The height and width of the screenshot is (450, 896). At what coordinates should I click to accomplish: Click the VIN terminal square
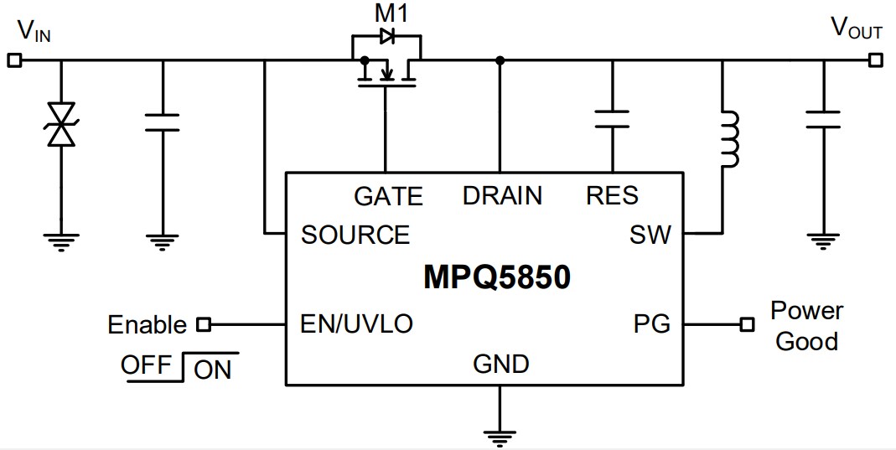pyautogui.click(x=13, y=60)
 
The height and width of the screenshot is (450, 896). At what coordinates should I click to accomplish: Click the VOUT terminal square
pyautogui.click(x=875, y=60)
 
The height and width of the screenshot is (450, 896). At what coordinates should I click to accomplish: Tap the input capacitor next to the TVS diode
pyautogui.click(x=163, y=122)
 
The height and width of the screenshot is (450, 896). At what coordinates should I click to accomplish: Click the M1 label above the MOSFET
pyautogui.click(x=385, y=13)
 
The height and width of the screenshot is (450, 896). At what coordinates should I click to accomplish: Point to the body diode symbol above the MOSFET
pyautogui.click(x=386, y=36)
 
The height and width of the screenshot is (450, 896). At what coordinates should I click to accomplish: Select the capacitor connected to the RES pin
pyautogui.click(x=612, y=120)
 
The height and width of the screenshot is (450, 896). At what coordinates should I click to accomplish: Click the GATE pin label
pyautogui.click(x=388, y=196)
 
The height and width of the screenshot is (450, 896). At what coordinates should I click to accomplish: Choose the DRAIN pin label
pyautogui.click(x=502, y=196)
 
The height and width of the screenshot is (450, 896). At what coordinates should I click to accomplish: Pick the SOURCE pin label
pyautogui.click(x=355, y=235)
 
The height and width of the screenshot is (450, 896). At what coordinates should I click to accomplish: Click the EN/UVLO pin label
pyautogui.click(x=356, y=324)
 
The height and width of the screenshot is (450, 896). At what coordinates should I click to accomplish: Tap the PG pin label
pyautogui.click(x=652, y=324)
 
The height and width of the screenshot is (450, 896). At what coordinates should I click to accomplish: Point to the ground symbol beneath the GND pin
pyautogui.click(x=500, y=434)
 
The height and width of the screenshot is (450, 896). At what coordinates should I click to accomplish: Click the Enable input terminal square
pyautogui.click(x=202, y=324)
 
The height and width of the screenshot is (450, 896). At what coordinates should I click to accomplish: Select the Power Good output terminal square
pyautogui.click(x=747, y=324)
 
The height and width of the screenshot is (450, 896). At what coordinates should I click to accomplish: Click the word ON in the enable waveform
pyautogui.click(x=212, y=370)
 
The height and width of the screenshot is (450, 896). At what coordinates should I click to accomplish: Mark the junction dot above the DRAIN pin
pyautogui.click(x=500, y=60)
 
